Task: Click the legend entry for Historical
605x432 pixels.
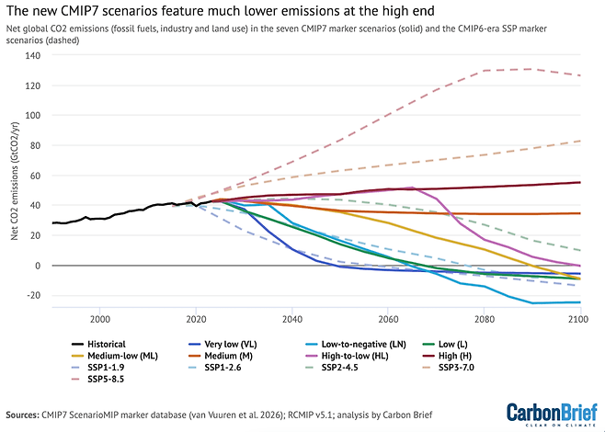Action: point(98,345)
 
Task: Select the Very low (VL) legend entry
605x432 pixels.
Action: point(223,345)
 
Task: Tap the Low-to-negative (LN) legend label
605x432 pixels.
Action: point(364,345)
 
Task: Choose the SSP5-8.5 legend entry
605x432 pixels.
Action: point(97,380)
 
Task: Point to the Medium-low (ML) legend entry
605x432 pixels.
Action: point(115,356)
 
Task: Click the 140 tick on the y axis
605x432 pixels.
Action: point(33,55)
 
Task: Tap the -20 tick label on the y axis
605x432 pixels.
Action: point(34,295)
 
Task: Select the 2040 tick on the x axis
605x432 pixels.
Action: point(292,319)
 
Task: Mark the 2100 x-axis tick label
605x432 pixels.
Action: point(580,319)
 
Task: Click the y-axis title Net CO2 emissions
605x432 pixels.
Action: point(15,182)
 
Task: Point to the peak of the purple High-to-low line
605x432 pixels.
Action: point(412,188)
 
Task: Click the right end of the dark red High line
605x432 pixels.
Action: point(580,182)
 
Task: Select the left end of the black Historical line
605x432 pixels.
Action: point(52,223)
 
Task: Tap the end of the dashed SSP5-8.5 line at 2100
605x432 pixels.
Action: point(580,75)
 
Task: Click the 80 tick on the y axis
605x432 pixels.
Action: point(36,145)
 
